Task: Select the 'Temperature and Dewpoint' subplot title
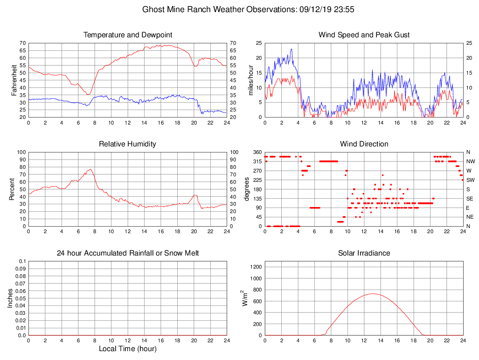[127, 35]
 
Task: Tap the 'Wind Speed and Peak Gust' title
[364, 35]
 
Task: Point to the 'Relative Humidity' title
[127, 144]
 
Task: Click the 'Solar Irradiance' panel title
[364, 253]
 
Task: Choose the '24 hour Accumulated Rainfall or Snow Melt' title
[127, 253]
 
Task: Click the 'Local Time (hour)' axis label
[127, 349]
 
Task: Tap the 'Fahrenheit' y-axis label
[14, 80]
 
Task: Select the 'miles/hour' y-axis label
[251, 80]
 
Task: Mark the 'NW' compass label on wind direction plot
[471, 161]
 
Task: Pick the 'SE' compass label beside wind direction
[470, 199]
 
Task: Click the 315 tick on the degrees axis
[257, 161]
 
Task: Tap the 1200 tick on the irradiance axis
[255, 268]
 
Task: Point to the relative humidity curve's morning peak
[90, 169]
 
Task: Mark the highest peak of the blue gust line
[292, 49]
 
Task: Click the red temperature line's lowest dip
[87, 95]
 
